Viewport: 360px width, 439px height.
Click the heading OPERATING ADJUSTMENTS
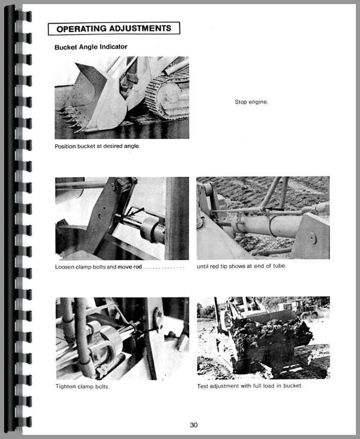coord(114,29)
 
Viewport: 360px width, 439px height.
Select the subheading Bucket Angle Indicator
coord(91,47)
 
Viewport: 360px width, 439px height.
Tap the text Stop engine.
coord(251,102)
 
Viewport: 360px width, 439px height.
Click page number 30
coord(193,425)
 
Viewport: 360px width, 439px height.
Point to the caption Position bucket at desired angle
coord(97,146)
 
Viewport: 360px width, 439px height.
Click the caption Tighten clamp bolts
coord(82,387)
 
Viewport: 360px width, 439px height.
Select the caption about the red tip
coord(242,266)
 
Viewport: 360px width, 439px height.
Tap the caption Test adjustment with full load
coord(250,386)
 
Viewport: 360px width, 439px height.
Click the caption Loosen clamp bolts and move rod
coord(98,267)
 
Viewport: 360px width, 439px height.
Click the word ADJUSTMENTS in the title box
coord(140,29)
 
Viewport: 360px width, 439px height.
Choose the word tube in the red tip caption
coord(279,266)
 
